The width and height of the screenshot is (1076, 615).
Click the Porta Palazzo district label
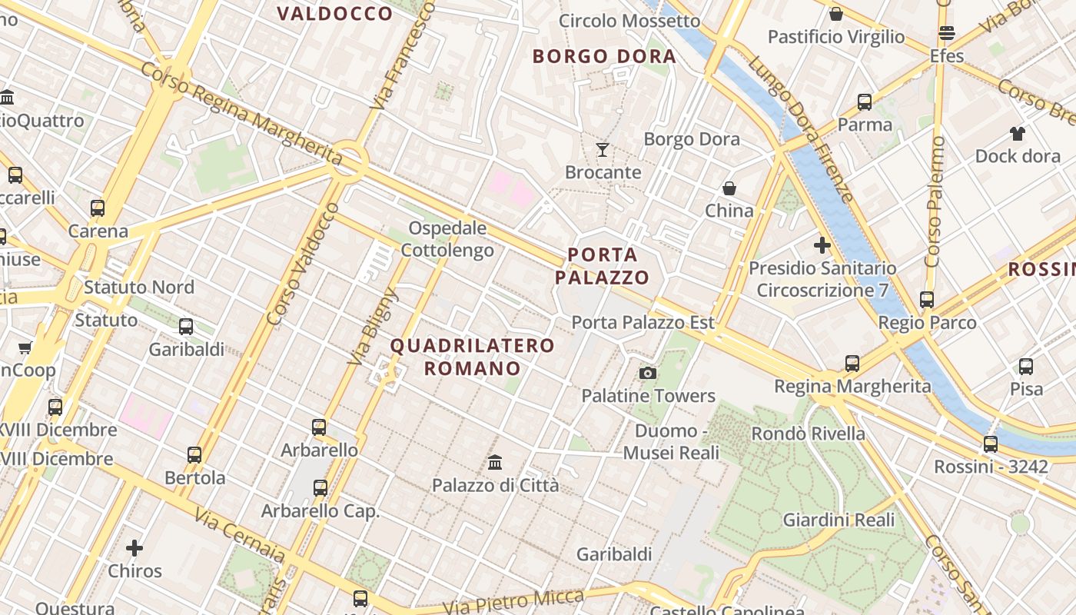(603, 266)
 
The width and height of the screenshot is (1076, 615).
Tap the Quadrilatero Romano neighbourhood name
(472, 357)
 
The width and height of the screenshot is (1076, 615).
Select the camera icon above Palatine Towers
(648, 374)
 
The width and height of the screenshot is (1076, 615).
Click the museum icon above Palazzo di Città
(495, 463)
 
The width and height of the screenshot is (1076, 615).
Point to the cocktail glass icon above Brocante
(603, 150)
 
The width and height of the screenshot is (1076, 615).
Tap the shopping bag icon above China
(729, 188)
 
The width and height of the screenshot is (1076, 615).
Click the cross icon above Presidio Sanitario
(822, 246)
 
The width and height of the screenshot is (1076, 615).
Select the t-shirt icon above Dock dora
(1018, 134)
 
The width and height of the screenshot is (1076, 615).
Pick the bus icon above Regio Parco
(927, 300)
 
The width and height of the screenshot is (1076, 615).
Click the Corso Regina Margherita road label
(241, 113)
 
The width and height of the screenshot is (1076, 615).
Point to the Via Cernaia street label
(239, 535)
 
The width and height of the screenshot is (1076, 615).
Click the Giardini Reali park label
(839, 520)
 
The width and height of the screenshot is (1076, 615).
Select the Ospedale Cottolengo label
(447, 239)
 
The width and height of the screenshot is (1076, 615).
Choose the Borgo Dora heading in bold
(604, 56)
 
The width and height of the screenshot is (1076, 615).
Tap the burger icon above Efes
(946, 33)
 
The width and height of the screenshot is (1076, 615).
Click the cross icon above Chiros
(134, 548)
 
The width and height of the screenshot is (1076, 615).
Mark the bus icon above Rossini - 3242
(990, 444)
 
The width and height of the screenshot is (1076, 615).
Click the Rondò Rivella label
(808, 434)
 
